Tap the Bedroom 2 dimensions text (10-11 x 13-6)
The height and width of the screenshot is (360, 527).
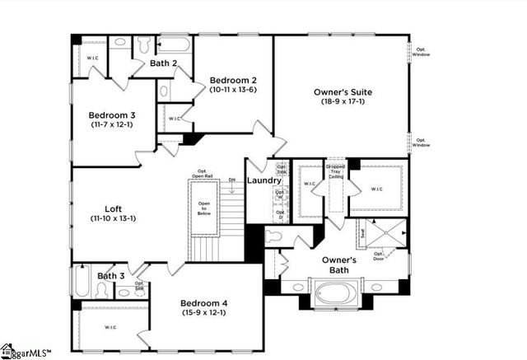click(233, 89)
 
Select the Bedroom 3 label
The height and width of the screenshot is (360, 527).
click(111, 115)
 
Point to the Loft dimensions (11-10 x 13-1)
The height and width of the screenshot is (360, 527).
click(114, 218)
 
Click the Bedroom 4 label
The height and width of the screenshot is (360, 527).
click(203, 302)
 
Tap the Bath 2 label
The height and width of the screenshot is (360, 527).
click(165, 63)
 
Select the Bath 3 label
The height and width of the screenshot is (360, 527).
click(111, 276)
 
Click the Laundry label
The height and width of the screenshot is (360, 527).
click(264, 180)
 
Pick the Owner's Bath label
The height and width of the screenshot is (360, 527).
click(338, 264)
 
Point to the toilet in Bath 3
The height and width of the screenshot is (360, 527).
click(102, 289)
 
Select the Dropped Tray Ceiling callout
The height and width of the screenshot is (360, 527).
click(335, 171)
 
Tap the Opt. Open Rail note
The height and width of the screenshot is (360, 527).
click(202, 174)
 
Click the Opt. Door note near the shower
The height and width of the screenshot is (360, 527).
click(380, 255)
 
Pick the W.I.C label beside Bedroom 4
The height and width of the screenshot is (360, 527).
click(110, 327)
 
